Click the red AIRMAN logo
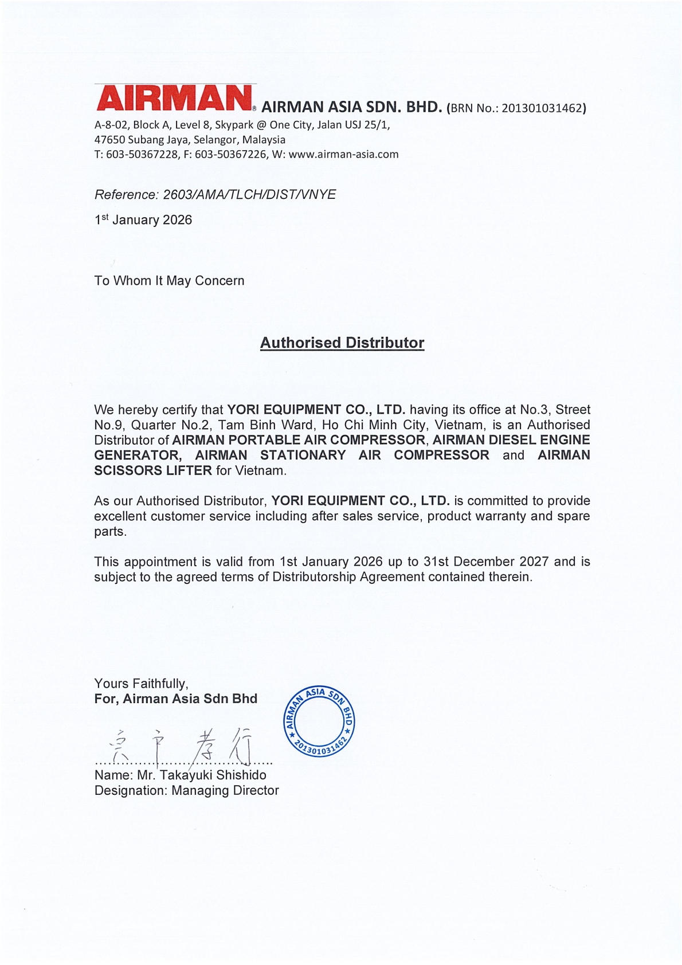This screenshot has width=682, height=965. pos(174,98)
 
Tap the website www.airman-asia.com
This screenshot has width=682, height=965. pos(343,154)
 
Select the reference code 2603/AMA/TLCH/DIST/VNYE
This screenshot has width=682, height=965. pos(249,195)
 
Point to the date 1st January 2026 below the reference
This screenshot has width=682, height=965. pos(143,220)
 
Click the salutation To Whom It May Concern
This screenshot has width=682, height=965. pos(169,281)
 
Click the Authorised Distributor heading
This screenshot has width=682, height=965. pos(342,343)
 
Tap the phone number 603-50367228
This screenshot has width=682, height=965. pos(142,154)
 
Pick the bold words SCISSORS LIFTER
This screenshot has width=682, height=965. pos(153,470)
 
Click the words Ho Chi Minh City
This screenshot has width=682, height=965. pos(374,425)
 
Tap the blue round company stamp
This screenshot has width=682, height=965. pos(319,721)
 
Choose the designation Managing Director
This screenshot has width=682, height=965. pos(225,791)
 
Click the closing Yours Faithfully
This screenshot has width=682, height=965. pos(141,684)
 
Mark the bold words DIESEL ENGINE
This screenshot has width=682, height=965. pos(539,440)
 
